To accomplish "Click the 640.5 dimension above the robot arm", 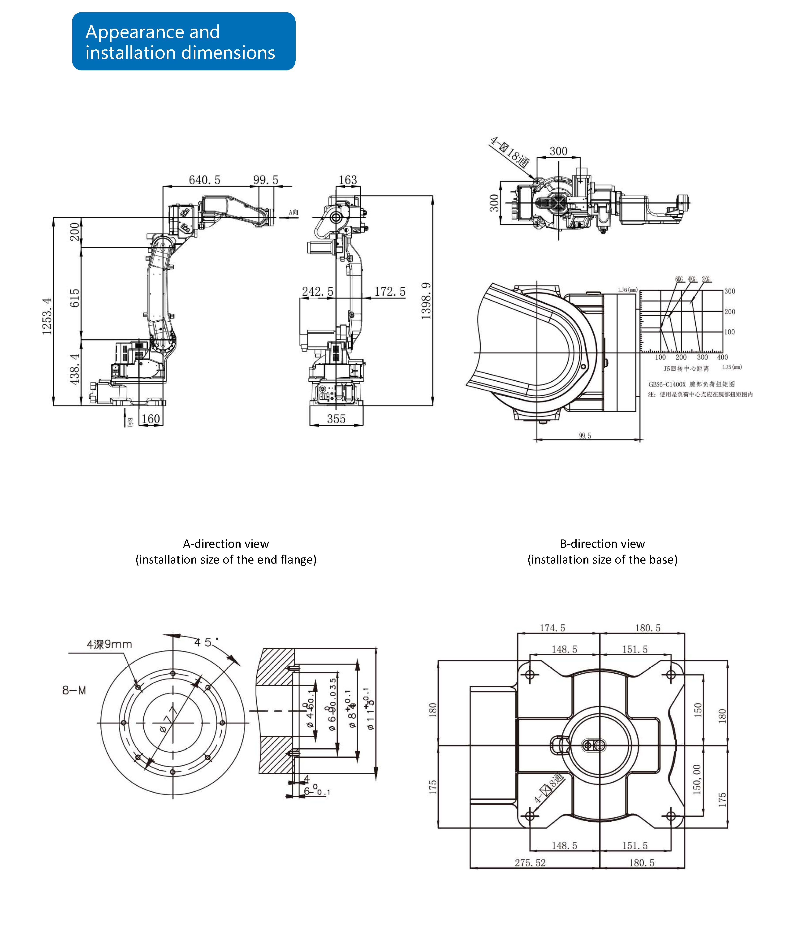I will [x=204, y=180].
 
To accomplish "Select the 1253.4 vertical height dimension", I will [x=47, y=316].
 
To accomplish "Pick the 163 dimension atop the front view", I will [x=348, y=180].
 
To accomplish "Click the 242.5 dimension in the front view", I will [x=318, y=292].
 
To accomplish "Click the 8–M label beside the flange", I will [x=74, y=690].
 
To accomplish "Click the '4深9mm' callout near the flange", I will [x=109, y=644].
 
